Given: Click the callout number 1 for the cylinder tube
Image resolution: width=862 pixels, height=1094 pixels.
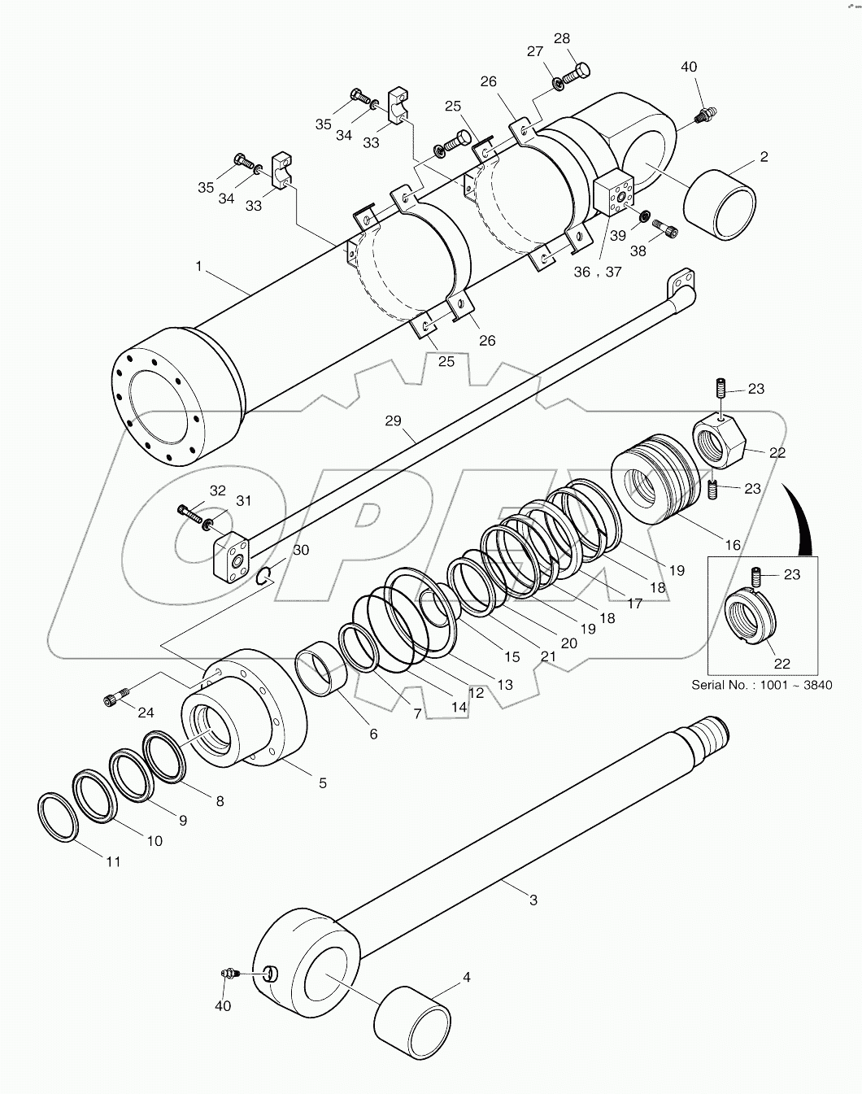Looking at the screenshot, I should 198,265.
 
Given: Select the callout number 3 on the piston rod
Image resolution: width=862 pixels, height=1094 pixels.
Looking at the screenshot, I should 533,900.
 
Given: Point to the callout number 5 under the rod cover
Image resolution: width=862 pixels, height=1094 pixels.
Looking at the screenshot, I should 323,782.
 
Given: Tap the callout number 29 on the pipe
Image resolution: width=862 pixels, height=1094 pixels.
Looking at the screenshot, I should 394,421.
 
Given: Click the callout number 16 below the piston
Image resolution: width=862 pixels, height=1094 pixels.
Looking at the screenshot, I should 733,544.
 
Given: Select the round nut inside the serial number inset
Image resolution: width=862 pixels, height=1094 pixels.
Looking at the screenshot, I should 750,617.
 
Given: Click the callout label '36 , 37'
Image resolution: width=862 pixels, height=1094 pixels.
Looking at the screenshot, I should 597,272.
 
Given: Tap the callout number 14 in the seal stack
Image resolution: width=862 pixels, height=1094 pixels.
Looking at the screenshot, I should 459,707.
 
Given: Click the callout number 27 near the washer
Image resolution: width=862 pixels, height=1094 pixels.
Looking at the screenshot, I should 534,51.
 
